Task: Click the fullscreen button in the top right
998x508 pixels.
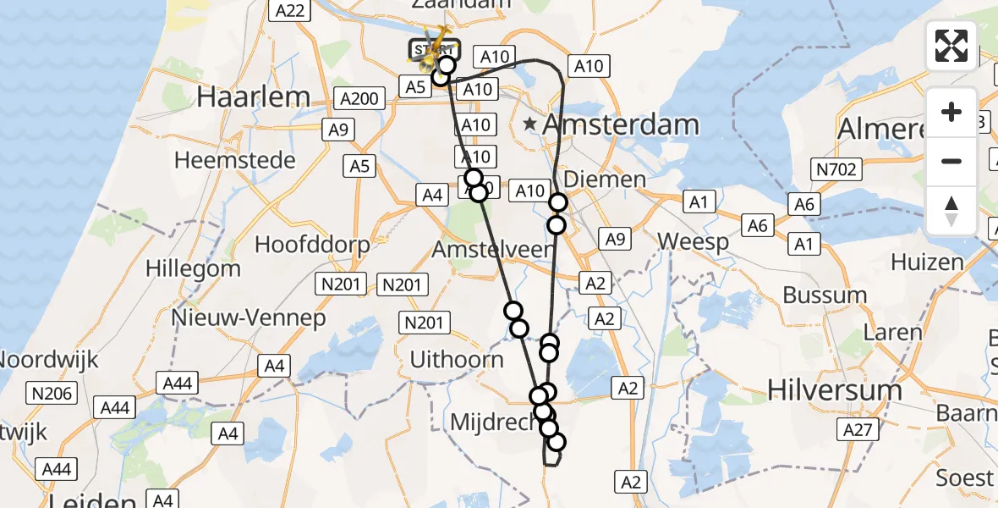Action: tap(951, 46)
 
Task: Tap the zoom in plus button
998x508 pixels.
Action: tap(951, 112)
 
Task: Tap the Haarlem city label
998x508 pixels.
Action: tap(253, 97)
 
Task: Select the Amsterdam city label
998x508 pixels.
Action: tap(620, 124)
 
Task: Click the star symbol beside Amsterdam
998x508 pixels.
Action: tap(530, 124)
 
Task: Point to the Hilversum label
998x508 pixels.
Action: tap(834, 389)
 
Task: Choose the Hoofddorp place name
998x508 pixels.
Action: tap(312, 246)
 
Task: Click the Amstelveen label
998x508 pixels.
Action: tap(492, 250)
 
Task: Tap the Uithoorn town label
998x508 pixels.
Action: tap(456, 359)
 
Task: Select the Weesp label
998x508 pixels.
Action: tap(693, 242)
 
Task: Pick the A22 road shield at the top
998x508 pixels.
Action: tap(289, 10)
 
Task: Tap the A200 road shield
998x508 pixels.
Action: tap(357, 99)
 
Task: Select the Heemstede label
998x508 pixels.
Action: tap(234, 160)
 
